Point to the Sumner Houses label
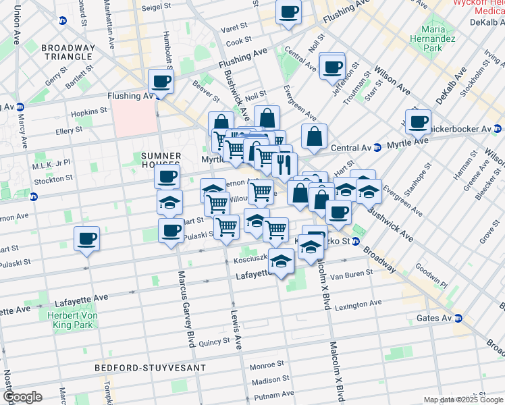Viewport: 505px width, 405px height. [x=161, y=161]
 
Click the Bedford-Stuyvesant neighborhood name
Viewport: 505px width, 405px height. [x=123, y=369]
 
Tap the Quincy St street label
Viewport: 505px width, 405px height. [x=214, y=342]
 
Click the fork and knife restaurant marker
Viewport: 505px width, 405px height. [x=285, y=163]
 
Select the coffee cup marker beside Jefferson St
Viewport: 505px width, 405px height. [x=332, y=67]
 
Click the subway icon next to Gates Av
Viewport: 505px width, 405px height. [x=458, y=318]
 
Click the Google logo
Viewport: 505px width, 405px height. [x=22, y=397]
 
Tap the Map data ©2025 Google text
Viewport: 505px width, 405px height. [x=462, y=400]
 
